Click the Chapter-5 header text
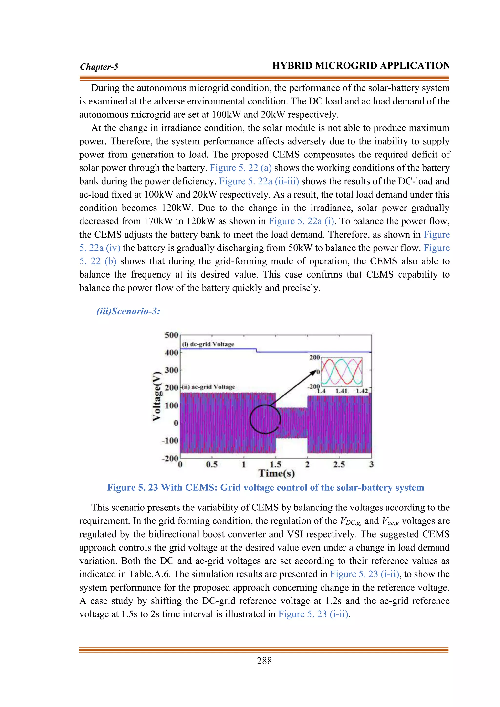pos(99,67)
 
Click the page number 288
pos(264,661)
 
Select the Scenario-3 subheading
pos(128,311)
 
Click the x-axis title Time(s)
pos(276,473)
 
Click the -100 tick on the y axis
pos(170,441)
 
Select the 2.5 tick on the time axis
pos(339,464)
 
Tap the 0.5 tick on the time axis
pos(212,464)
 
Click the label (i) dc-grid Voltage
pos(208,344)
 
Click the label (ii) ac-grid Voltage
pos(208,387)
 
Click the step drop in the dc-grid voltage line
pos(256,350)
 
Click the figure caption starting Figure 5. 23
pos(265,488)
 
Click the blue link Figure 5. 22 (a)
pos(240,168)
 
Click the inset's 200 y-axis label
pos(314,357)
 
